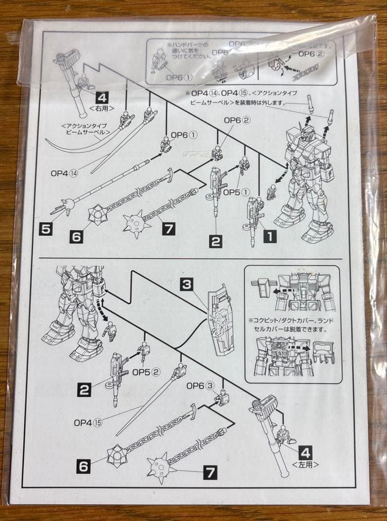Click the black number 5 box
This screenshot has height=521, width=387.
[x=45, y=229]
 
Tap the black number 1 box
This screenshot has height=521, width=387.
[x=269, y=236]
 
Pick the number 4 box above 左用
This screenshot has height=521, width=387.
[x=304, y=452]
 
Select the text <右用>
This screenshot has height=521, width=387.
[x=102, y=109]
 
